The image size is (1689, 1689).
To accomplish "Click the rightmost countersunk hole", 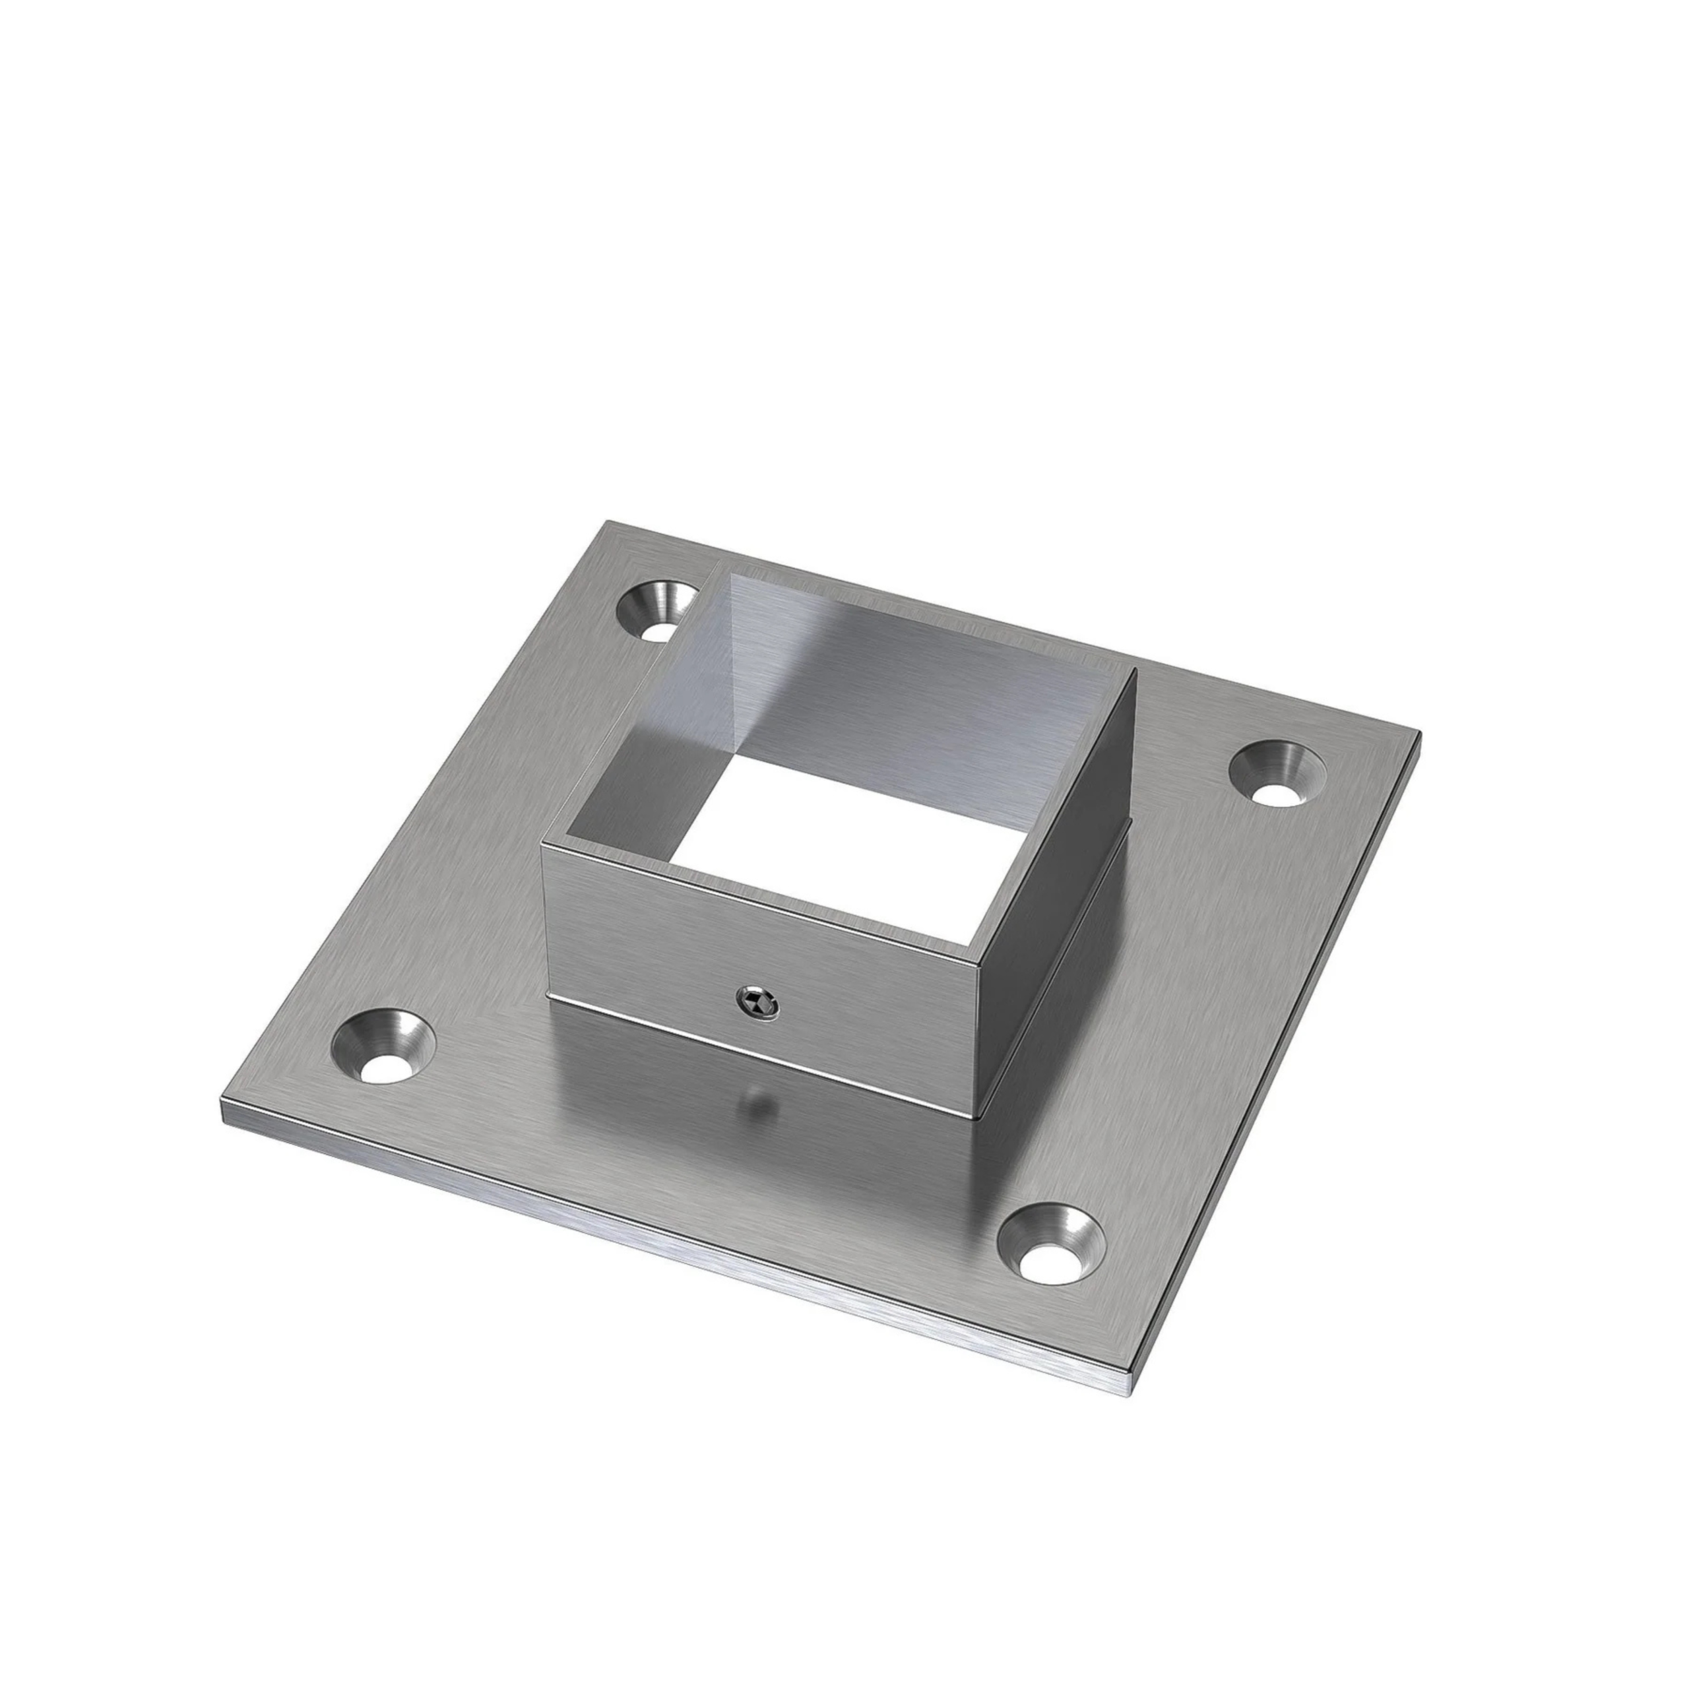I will point(1277,772).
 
